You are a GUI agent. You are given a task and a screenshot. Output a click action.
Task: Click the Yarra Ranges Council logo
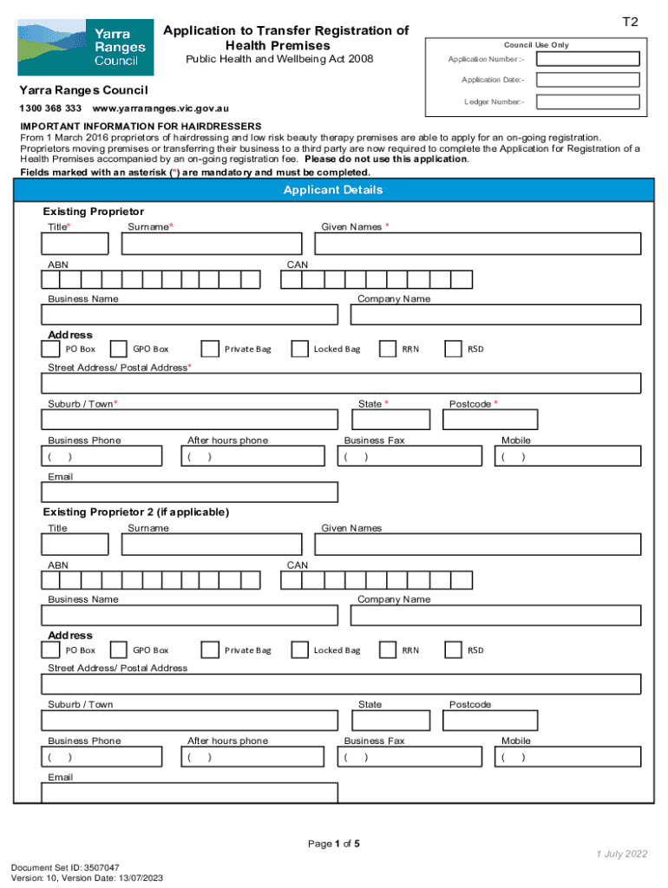pos(85,49)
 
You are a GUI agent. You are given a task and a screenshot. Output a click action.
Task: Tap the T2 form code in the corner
pos(630,23)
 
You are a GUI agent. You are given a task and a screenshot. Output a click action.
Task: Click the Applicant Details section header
pos(333,190)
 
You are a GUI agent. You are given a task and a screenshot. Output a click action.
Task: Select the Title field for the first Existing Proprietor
pos(75,245)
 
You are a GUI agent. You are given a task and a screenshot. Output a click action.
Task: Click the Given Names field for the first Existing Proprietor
pos(477,245)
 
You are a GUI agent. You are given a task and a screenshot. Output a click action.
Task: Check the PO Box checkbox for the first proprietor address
pos(51,349)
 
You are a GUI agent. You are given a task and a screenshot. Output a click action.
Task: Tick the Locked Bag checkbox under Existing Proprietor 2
pos(299,650)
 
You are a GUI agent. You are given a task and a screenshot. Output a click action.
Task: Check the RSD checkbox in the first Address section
pos(453,349)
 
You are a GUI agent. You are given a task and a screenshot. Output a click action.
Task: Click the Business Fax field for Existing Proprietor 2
pos(409,757)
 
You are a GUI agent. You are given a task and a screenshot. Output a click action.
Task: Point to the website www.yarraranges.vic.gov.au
pos(160,109)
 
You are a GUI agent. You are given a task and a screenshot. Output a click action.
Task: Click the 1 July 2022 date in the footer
pos(621,854)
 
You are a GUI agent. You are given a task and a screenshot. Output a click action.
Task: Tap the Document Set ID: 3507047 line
pos(65,867)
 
